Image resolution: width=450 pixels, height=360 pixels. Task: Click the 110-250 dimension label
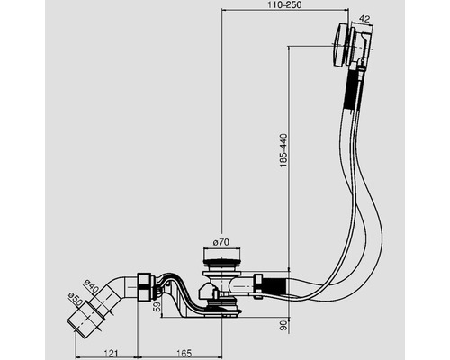(285, 4)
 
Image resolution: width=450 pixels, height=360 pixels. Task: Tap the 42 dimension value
(364, 19)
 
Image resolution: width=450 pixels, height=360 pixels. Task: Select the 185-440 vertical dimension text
(283, 150)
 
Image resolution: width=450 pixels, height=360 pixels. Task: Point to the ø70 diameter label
(221, 242)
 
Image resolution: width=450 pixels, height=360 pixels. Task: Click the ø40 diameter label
(92, 286)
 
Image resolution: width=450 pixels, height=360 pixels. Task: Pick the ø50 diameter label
(76, 300)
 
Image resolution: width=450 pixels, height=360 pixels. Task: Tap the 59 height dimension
(157, 308)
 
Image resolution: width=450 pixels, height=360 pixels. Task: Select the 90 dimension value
(283, 326)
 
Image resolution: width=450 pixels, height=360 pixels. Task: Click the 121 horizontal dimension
(111, 354)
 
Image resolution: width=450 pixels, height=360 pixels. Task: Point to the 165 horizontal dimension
(184, 354)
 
